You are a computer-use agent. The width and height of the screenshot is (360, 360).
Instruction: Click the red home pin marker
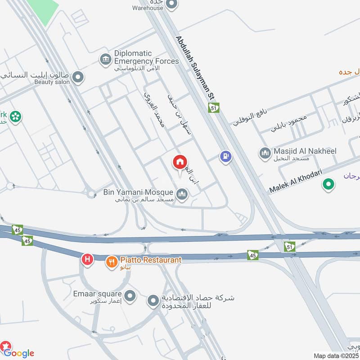click(180, 162)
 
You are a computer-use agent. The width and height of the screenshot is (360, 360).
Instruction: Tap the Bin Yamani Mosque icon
click(182, 194)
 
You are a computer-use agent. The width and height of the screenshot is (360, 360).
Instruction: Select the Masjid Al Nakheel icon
click(265, 154)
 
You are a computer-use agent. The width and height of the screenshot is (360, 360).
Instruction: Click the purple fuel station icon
click(225, 157)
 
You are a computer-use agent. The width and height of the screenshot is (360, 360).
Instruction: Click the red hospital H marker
click(87, 259)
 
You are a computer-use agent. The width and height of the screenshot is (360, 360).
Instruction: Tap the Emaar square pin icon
click(130, 296)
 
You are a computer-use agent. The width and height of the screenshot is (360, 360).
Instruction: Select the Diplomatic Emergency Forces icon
click(106, 59)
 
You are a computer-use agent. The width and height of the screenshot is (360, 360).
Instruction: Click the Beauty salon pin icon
click(78, 77)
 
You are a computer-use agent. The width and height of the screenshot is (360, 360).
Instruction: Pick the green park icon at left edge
click(16, 117)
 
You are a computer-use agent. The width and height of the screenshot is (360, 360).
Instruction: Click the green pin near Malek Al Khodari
click(328, 184)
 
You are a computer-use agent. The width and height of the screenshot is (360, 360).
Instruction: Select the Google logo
click(18, 353)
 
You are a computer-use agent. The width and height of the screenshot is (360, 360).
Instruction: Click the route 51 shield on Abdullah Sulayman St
click(213, 108)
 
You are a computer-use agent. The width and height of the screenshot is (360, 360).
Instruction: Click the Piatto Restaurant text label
click(150, 260)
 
